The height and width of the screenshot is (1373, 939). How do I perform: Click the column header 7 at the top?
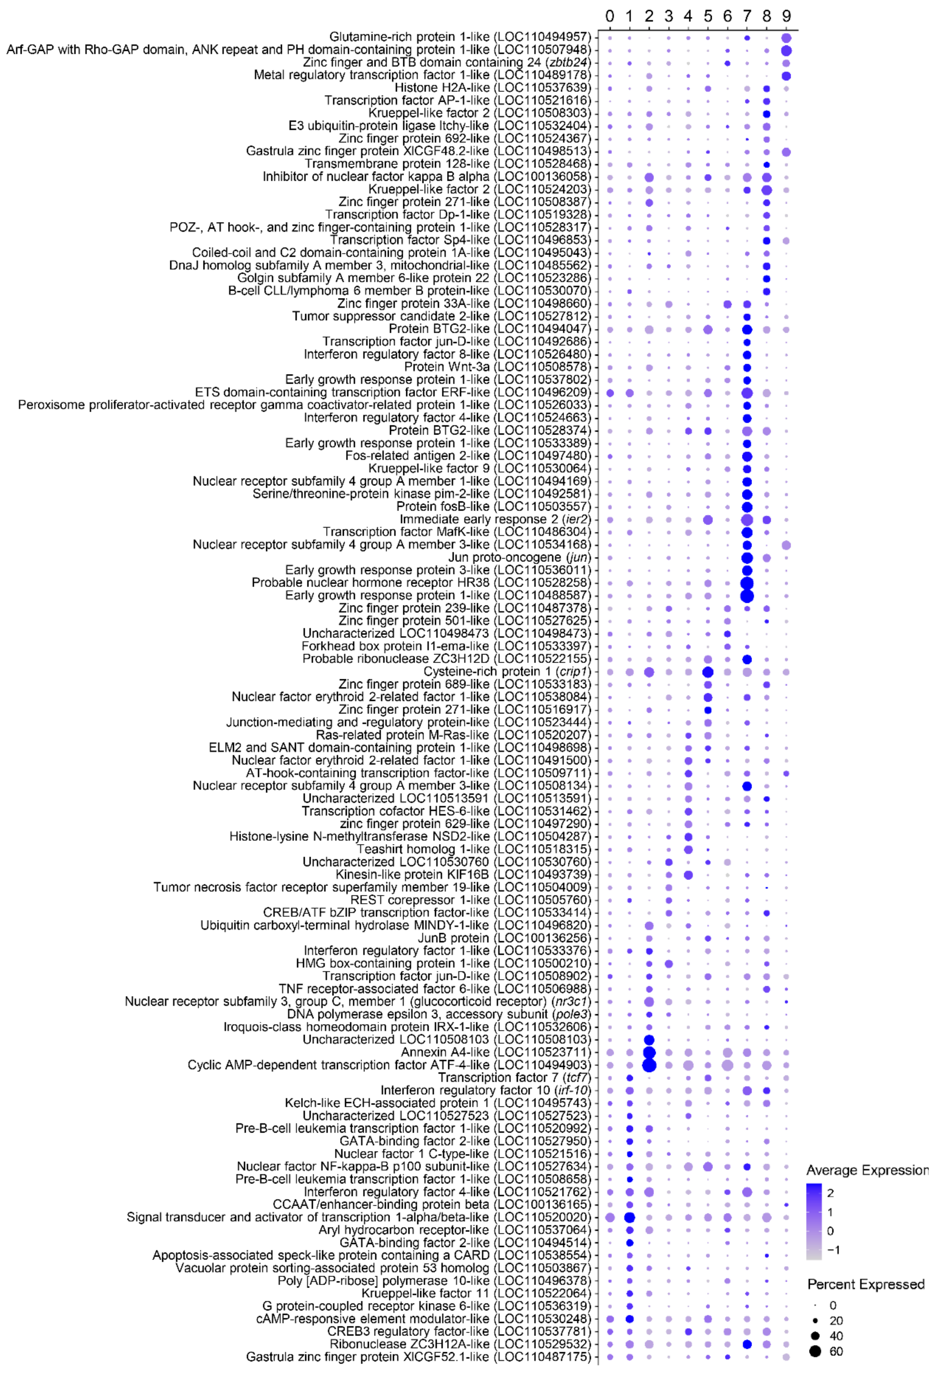tap(747, 16)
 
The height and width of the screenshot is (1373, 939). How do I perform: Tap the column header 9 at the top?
tap(786, 16)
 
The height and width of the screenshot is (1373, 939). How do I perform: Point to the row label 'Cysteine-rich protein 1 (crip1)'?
tap(507, 672)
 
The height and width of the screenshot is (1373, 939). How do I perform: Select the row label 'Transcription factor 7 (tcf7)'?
tap(514, 1078)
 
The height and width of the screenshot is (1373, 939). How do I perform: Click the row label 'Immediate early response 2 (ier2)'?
tap(495, 519)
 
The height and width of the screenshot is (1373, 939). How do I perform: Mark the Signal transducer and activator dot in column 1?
tap(630, 1217)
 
